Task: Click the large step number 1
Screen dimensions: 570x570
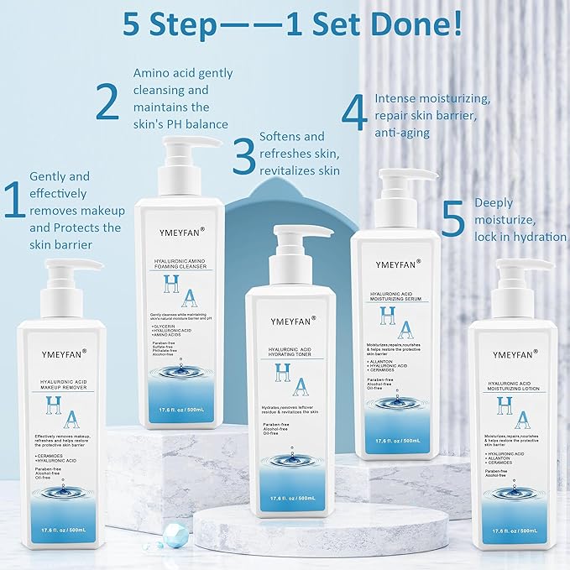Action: [x=14, y=202]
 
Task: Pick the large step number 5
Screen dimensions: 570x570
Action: [x=452, y=219]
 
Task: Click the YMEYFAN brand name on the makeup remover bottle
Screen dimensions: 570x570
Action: [x=61, y=353]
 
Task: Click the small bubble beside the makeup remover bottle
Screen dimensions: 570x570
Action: [x=174, y=532]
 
